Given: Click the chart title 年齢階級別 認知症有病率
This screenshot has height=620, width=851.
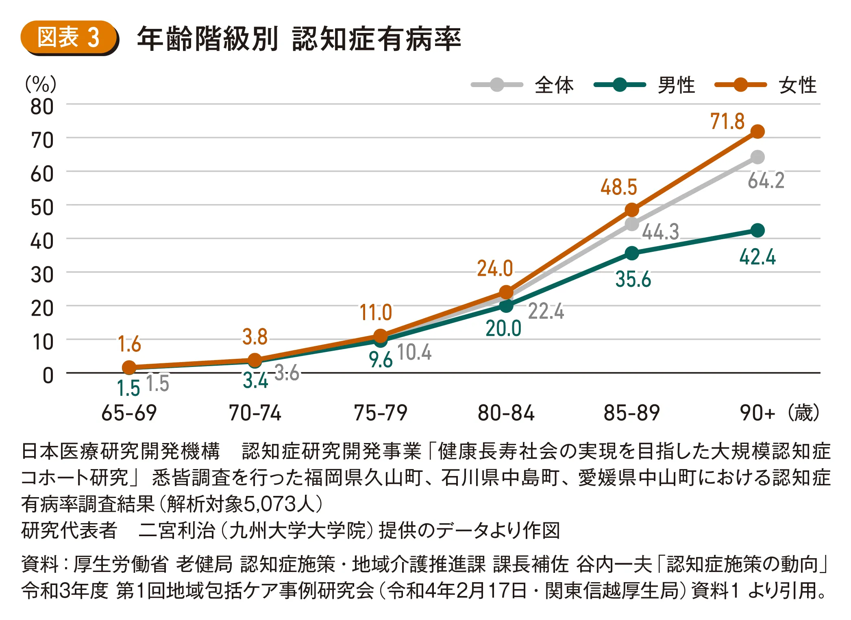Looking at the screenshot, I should [299, 39].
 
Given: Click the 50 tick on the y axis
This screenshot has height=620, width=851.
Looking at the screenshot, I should [42, 207].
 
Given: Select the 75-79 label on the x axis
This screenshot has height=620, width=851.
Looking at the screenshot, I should [381, 413].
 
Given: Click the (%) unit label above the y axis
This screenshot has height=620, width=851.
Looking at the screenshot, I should [41, 84].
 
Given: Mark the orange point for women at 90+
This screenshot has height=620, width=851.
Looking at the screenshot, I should [757, 131].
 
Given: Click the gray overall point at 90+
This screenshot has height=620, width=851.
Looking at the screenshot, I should [757, 157].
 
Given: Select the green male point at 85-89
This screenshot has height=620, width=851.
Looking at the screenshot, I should [632, 253].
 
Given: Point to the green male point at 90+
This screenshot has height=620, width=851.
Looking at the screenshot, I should [757, 230].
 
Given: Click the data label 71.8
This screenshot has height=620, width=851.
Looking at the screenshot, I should [727, 121].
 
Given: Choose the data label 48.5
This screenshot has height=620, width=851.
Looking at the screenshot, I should [618, 187].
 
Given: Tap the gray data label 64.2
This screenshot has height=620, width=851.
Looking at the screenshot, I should [766, 180].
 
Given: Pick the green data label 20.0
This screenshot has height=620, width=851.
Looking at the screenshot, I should [503, 328].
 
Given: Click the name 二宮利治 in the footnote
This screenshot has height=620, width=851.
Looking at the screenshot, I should [176, 530].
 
